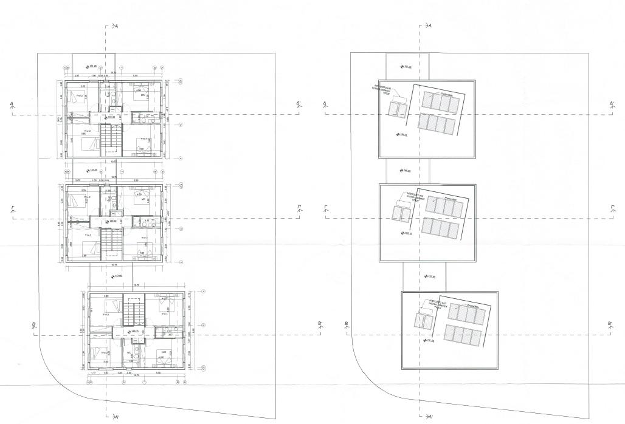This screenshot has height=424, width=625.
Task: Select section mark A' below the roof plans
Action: [x=430, y=417]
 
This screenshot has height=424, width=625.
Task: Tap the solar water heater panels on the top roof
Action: [x=398, y=109]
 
